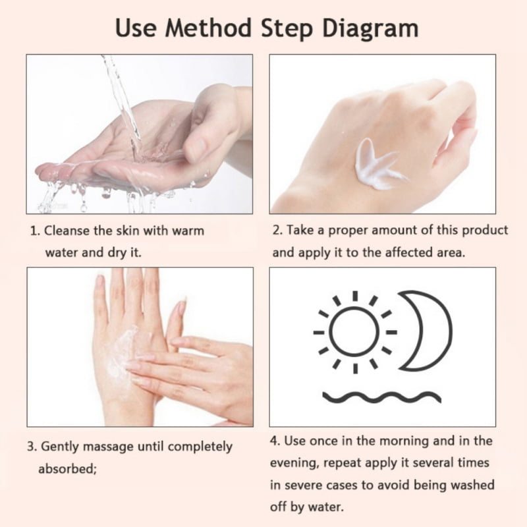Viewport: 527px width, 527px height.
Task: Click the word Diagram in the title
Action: click(370, 29)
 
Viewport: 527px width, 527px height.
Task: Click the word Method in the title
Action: click(208, 28)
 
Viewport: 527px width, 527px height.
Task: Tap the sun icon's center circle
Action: click(354, 332)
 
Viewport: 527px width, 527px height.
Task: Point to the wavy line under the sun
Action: click(382, 397)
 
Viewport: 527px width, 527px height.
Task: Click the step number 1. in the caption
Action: click(35, 231)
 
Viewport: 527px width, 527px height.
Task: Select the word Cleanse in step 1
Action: click(67, 231)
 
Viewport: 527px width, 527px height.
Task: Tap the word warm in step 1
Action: click(188, 231)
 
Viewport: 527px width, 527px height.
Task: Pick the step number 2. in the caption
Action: click(277, 230)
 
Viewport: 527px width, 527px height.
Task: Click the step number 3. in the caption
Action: click(32, 447)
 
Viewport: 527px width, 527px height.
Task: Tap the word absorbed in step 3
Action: click(67, 468)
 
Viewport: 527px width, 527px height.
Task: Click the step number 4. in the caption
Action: click(275, 441)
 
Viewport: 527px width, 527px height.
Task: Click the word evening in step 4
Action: click(294, 463)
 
